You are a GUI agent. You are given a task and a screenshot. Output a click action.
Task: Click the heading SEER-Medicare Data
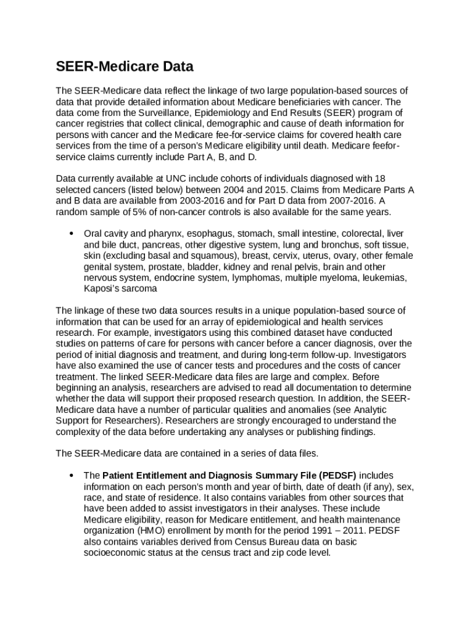point(125,67)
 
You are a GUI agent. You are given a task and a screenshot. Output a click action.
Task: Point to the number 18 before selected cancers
point(380,179)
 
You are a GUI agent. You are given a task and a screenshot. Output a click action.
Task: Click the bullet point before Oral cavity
point(72,234)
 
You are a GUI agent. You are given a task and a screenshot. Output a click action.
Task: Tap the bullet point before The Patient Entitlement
point(72,475)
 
